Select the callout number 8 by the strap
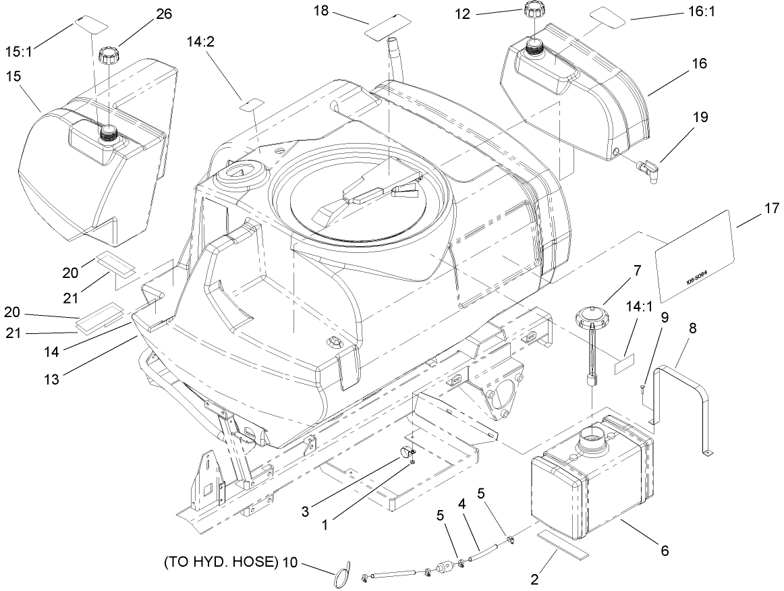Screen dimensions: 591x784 pos(692,329)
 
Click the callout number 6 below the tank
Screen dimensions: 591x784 pos(664,551)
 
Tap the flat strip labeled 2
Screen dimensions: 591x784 pos(563,544)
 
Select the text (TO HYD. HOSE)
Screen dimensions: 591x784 pos(219,562)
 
